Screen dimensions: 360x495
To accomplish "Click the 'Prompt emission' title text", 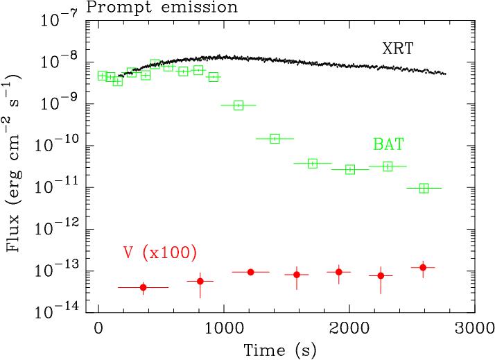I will click(x=162, y=8).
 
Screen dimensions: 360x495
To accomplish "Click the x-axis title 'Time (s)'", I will click(x=281, y=350).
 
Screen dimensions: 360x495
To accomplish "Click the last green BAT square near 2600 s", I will click(x=424, y=188).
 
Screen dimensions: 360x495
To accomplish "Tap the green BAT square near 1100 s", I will click(x=238, y=105).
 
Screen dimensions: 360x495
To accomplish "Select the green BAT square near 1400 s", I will click(x=275, y=139).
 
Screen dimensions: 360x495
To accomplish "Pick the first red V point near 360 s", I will click(x=144, y=287).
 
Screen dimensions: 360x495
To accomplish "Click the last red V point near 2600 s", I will click(x=423, y=267).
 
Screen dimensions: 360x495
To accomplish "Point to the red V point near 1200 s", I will click(x=250, y=272).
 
